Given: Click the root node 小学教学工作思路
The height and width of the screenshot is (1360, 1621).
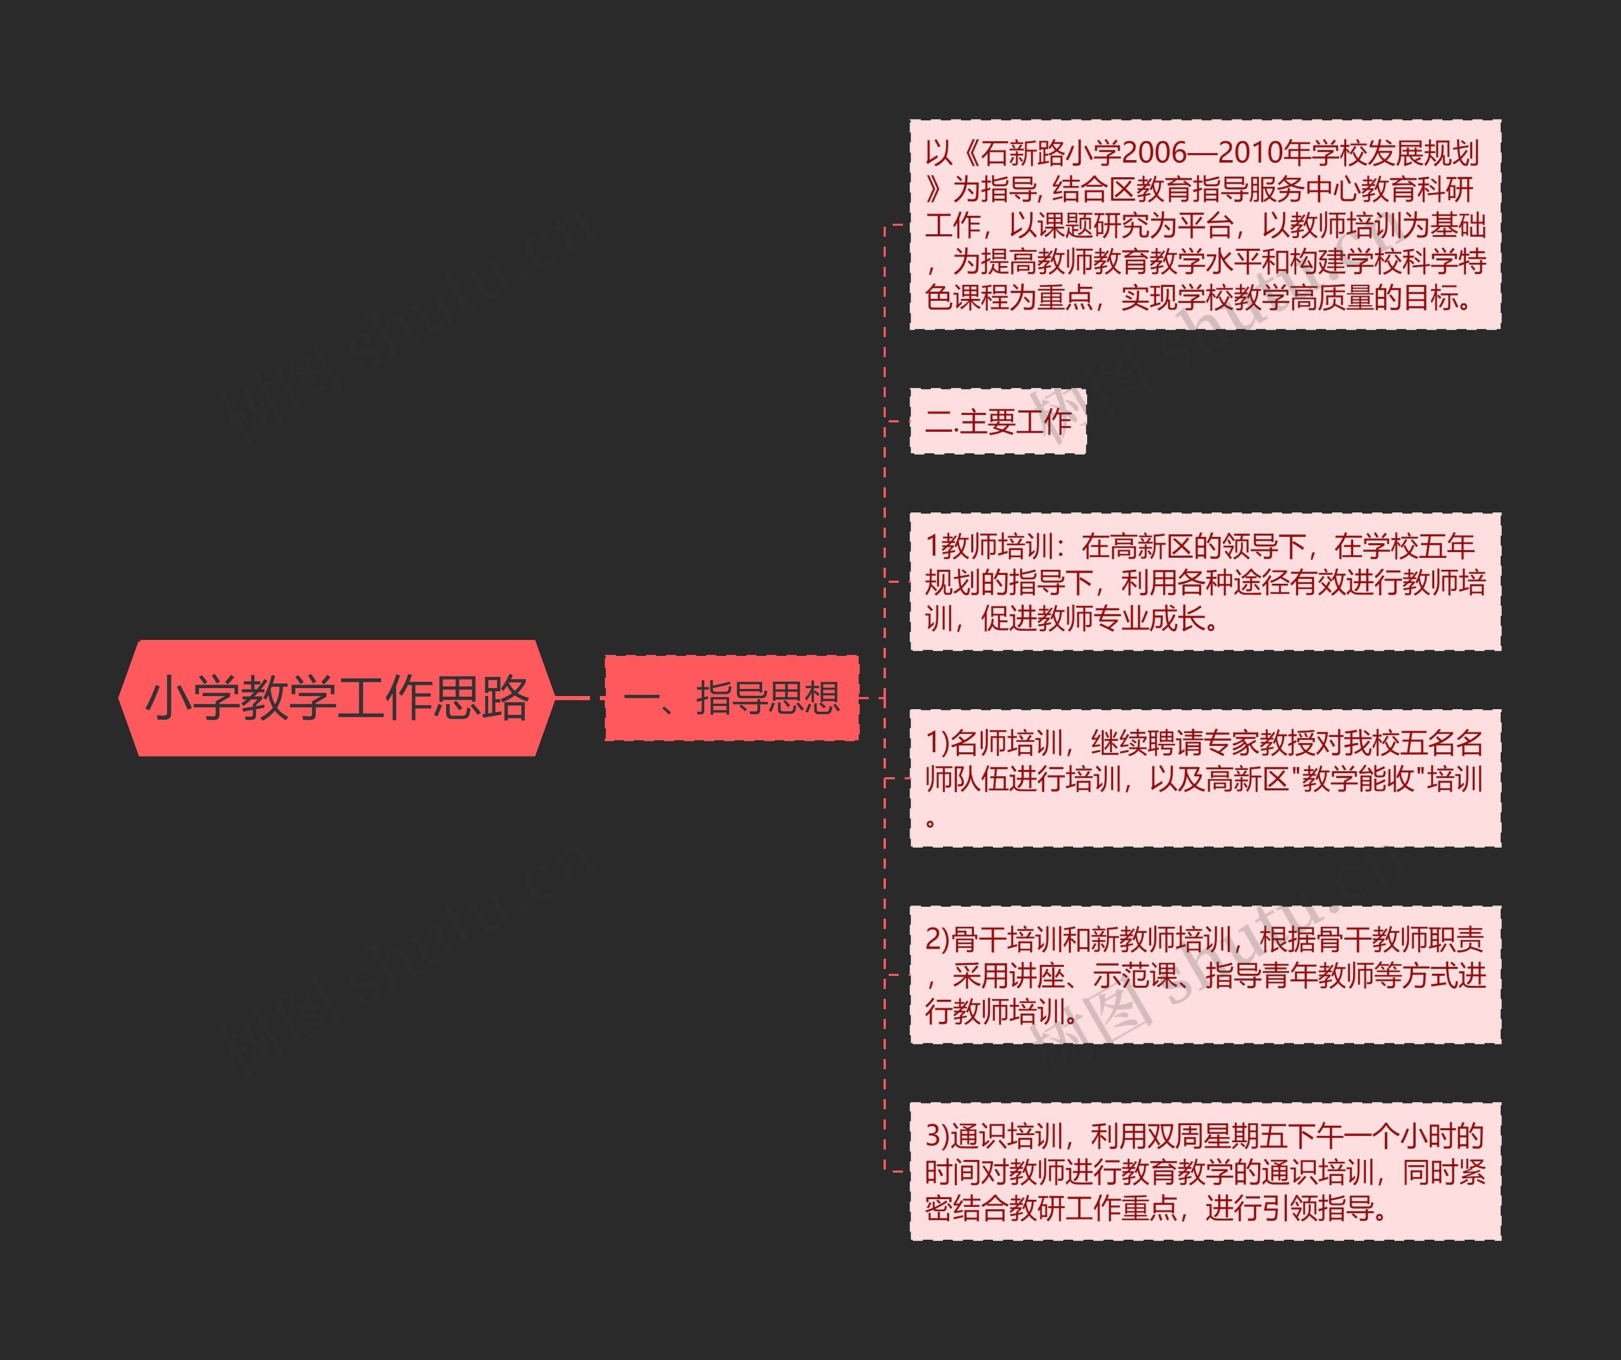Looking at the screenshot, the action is point(337,698).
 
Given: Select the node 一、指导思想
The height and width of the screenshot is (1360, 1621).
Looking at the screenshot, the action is point(731,698).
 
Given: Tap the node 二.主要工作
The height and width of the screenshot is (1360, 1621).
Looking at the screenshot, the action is point(997,422).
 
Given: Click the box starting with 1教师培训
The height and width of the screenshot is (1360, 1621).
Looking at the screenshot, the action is point(1205,582).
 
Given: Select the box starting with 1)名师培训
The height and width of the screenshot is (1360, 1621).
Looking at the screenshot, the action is point(1205,779).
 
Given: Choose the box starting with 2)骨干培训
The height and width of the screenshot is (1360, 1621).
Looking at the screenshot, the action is point(1205,976).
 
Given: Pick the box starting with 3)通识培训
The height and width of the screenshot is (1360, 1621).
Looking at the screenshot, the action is point(1205,1172).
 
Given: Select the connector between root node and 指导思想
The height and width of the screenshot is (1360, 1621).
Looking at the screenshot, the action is point(579,698).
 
